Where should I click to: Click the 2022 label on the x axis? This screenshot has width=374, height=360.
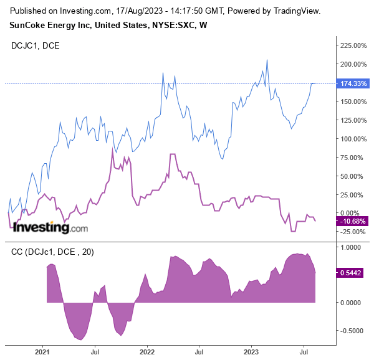(x=147, y=352)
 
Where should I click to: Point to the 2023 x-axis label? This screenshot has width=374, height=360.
(x=251, y=352)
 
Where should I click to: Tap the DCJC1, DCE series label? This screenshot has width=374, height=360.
(x=36, y=45)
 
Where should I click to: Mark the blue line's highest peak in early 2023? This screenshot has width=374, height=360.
(x=267, y=60)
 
